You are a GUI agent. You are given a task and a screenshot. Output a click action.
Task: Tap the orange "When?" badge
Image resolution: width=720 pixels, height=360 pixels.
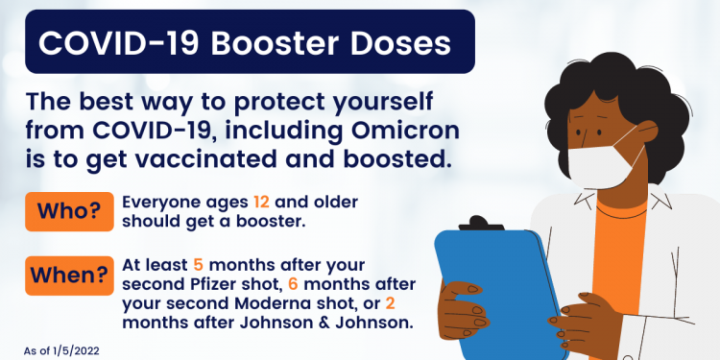click(66, 276)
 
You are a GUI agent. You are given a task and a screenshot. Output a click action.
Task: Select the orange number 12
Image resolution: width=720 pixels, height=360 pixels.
click(262, 203)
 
